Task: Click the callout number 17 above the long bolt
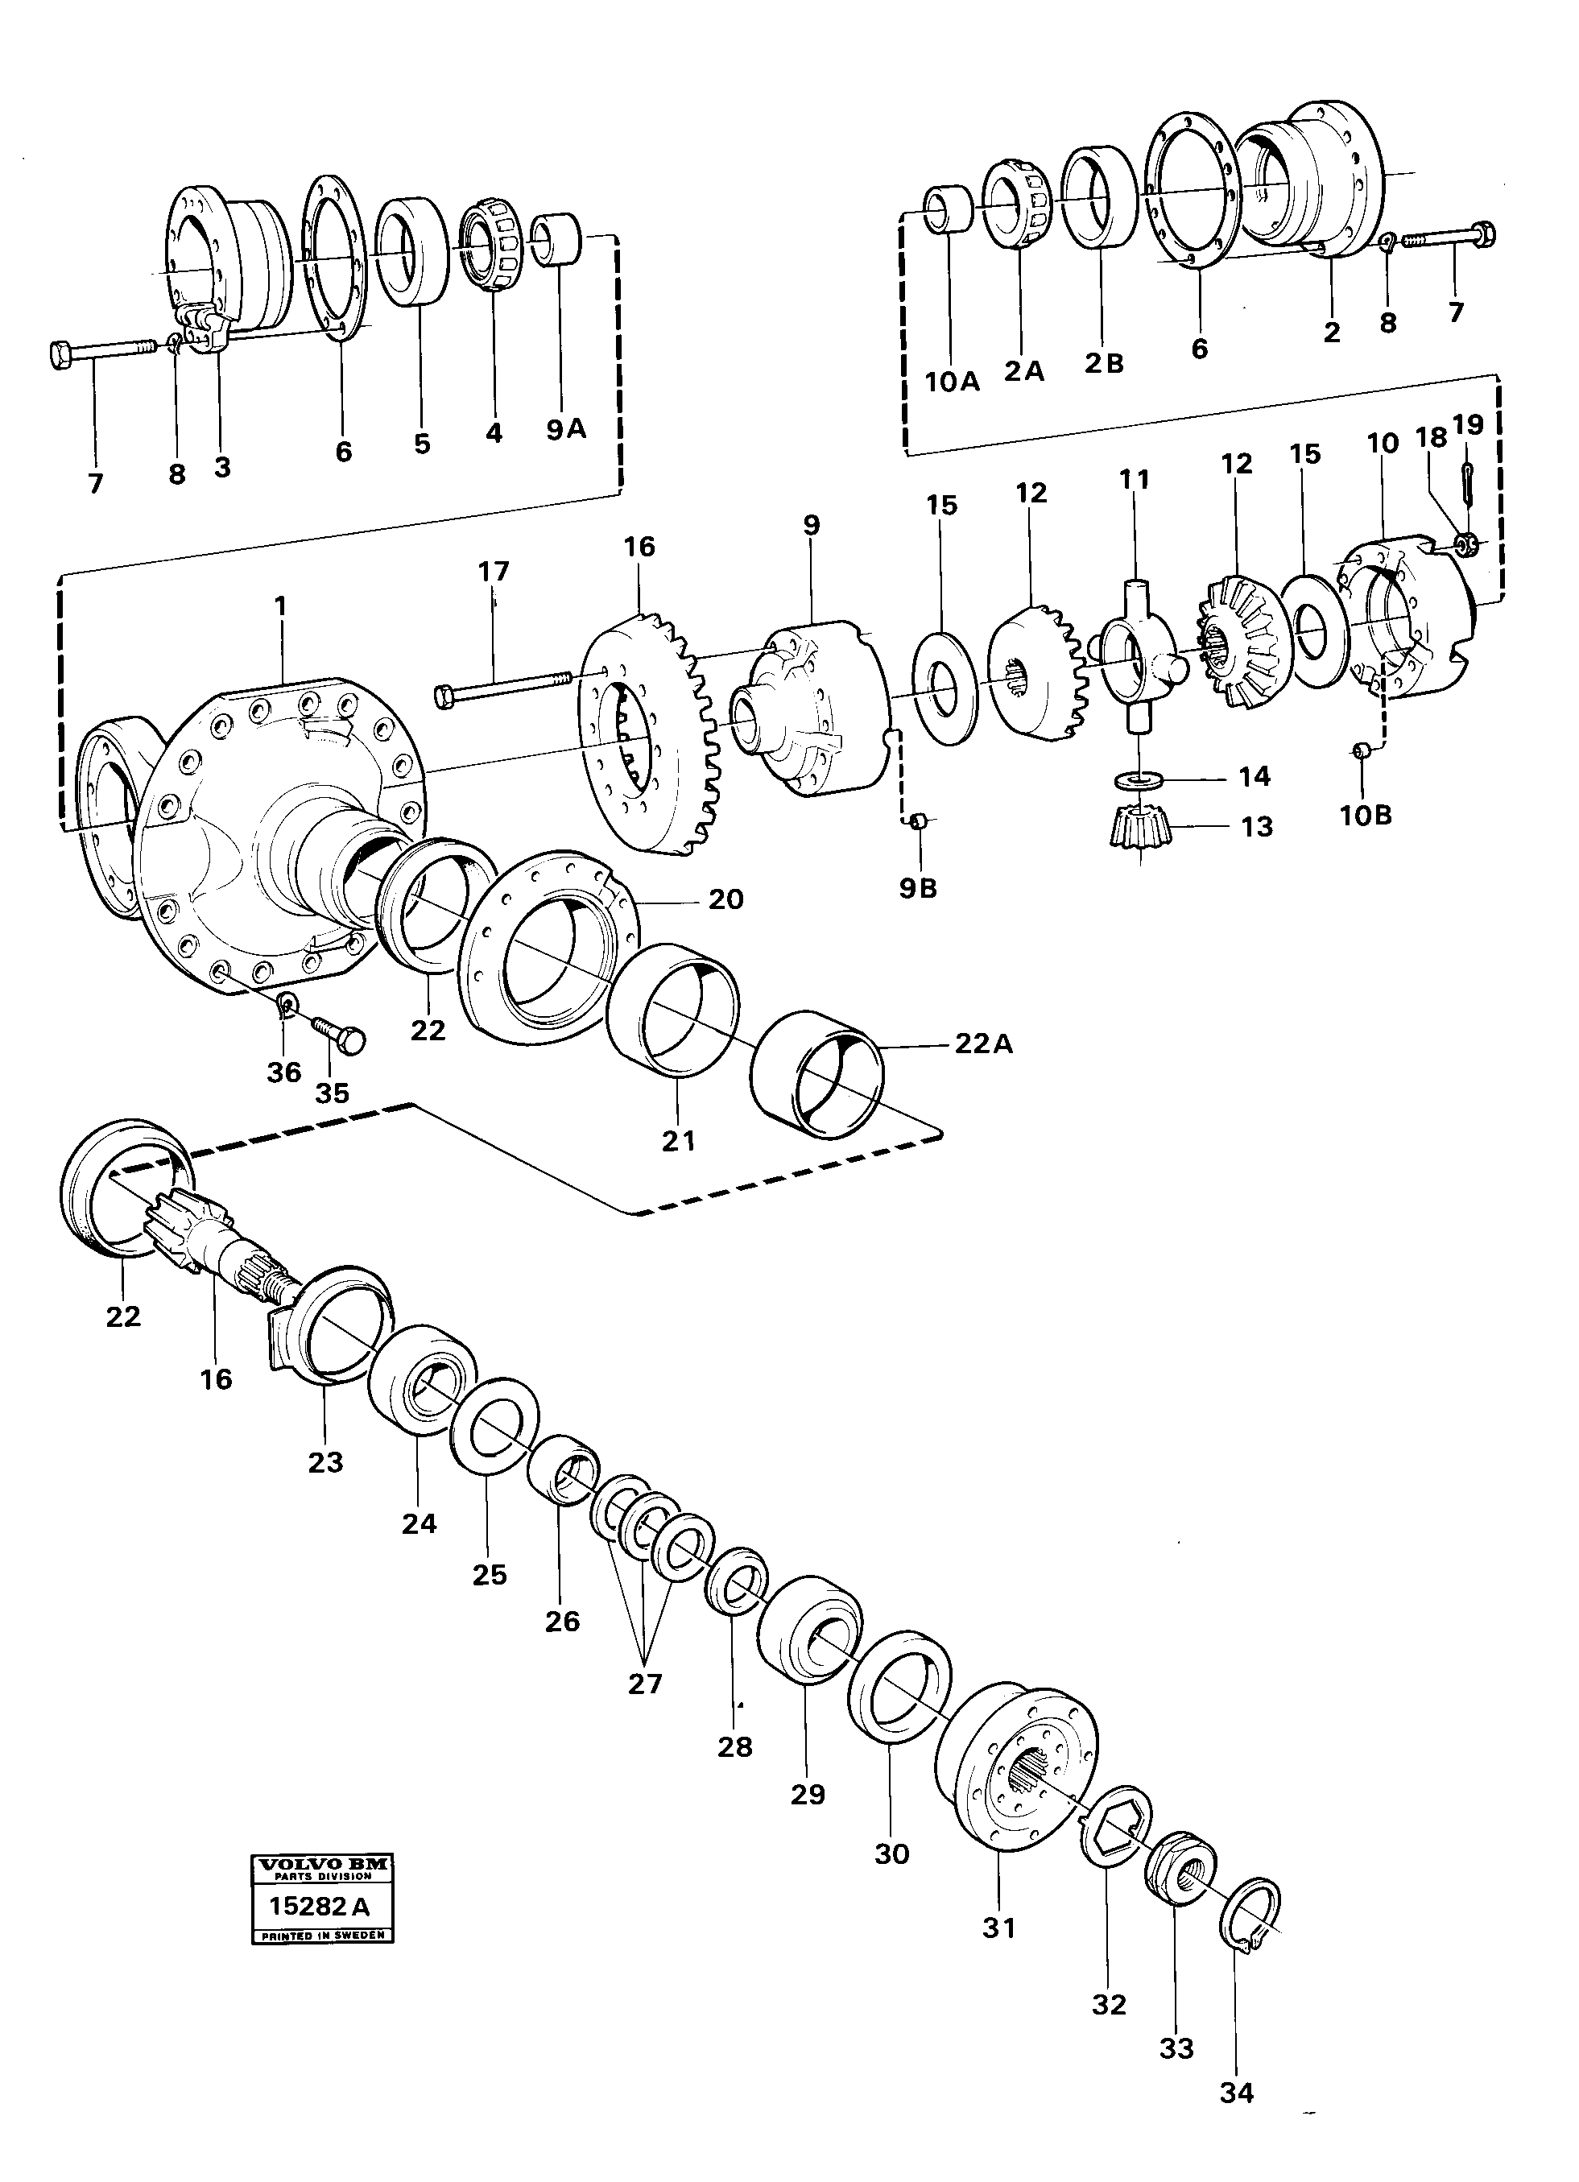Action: [494, 572]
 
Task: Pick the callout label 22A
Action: [983, 1043]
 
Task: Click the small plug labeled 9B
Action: [918, 820]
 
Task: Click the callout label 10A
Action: [952, 382]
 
